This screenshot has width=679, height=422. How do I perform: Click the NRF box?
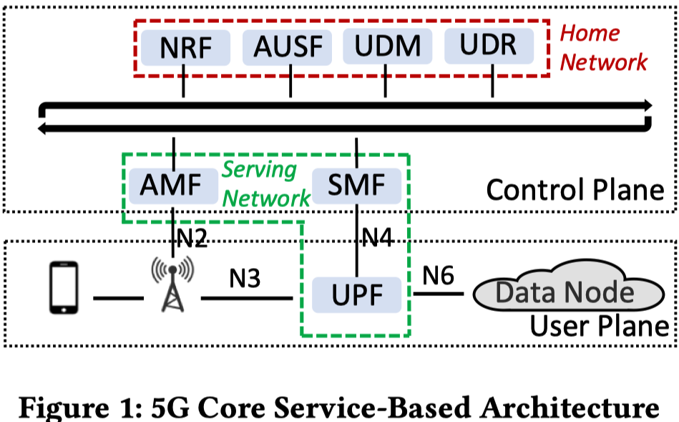coord(185,47)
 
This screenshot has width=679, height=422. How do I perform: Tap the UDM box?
coord(388,46)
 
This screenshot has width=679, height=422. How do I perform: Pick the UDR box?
coord(489,46)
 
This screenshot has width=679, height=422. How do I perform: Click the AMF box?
coord(173,186)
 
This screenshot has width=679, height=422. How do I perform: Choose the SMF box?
coord(357,186)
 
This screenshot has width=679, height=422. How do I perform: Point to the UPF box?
coord(357,295)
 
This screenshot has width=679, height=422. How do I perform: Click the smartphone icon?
coord(64,287)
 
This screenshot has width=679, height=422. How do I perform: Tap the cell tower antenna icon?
coord(172,284)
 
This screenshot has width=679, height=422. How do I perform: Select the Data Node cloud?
coord(569,287)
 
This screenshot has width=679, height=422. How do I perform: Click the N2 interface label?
coord(192,238)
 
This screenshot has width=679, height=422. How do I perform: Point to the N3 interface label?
coord(245,279)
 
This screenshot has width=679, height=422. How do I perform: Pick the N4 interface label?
coord(377,238)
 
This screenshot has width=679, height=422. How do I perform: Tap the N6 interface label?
coord(438,276)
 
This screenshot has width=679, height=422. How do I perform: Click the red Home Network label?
coord(603,48)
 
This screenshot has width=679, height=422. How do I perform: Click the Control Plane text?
coord(575,190)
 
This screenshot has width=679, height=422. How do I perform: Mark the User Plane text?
coord(600,326)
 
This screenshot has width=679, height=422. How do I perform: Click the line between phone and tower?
coord(118,298)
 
